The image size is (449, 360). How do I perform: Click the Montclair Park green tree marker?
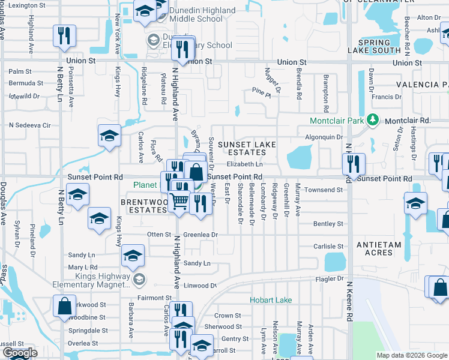point(373,120)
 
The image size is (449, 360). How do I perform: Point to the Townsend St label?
point(322,190)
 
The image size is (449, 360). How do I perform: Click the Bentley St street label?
point(328,224)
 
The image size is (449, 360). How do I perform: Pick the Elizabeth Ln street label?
point(245,164)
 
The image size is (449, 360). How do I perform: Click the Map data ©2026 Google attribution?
point(411,355)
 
